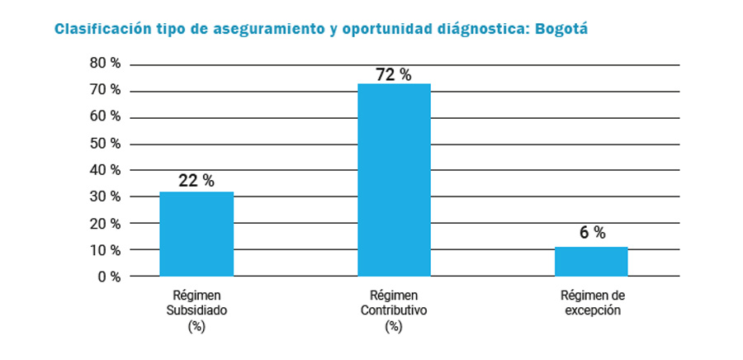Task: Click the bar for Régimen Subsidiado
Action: pos(196,234)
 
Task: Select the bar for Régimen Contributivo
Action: pos(394,180)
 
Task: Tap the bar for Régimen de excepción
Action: pos(591,261)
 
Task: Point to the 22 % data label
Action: pos(196,181)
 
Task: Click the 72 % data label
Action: pos(394,74)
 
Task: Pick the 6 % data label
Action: pos(592,233)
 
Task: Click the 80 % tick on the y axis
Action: pos(105,64)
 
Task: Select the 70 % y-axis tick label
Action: pos(105,90)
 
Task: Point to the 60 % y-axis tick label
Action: pos(105,116)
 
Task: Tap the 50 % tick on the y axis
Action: pos(105,144)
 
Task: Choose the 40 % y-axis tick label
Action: pos(105,170)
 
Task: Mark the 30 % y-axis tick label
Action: pos(105,197)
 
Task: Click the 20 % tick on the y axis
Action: pos(105,224)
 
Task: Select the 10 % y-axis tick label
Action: pos(105,250)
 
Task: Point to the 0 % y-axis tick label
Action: pos(108,277)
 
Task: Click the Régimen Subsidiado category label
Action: pos(196,310)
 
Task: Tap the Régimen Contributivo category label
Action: pos(394,310)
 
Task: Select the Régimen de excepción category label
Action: pos(591,303)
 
